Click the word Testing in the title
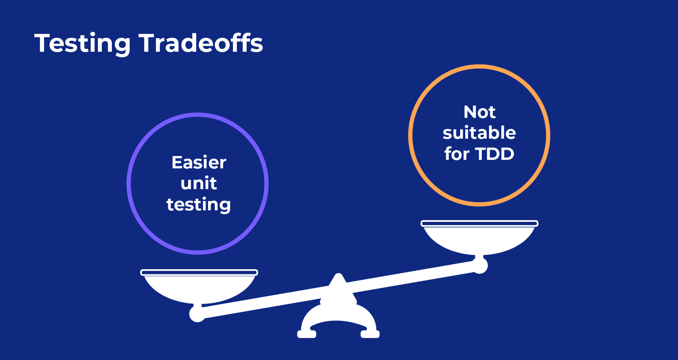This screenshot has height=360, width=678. (83, 43)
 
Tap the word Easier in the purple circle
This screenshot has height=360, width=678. (199, 162)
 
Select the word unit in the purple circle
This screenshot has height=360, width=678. (199, 183)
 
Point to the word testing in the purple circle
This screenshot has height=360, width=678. (199, 204)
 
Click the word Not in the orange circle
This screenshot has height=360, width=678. (479, 112)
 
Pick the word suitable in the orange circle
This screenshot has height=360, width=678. (479, 133)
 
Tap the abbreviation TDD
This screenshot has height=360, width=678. (494, 154)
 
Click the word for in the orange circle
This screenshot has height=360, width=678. (457, 154)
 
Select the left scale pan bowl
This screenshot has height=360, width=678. (199, 289)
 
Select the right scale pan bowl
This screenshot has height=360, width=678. (479, 240)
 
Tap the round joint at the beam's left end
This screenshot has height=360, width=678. (197, 314)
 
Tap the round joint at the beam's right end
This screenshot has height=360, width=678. (480, 265)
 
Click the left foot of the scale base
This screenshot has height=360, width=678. (307, 334)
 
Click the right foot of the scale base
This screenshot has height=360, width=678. (370, 334)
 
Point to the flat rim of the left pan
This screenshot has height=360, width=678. (199, 272)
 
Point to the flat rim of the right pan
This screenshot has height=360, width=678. (479, 223)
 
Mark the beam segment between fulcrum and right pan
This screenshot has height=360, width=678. (411, 278)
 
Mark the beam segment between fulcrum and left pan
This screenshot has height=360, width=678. (263, 303)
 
